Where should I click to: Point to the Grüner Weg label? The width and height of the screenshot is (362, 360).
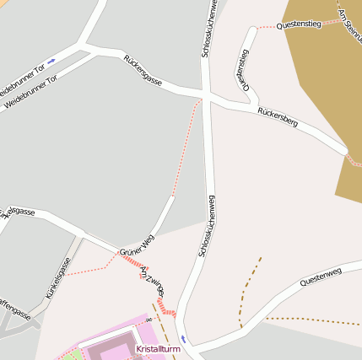tap(137, 245)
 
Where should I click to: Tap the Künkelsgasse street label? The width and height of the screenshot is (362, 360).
tap(58, 283)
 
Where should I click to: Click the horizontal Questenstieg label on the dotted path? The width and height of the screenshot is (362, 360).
tap(299, 25)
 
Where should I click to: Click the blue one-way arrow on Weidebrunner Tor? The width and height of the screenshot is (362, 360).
tap(51, 61)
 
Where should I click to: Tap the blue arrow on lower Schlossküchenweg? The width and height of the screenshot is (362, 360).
tap(185, 338)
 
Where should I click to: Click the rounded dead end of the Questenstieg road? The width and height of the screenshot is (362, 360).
tap(251, 31)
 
